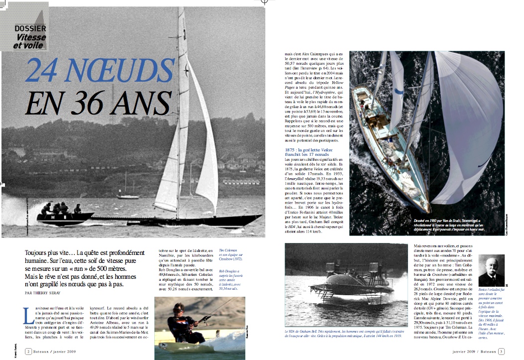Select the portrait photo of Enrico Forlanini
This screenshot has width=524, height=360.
pyautogui.click(x=491, y=270)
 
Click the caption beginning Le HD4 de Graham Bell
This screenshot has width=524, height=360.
pyautogui.click(x=344, y=333)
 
